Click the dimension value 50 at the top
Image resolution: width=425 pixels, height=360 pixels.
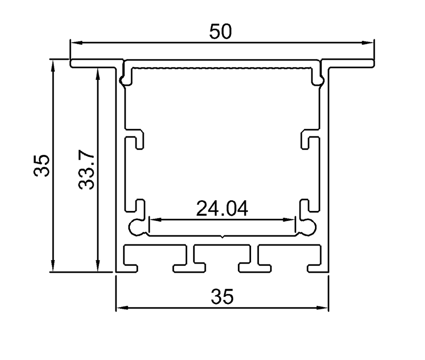coord(221,32)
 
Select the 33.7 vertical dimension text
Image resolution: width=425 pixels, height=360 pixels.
coord(86,169)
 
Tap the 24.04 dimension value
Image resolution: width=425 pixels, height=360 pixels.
coord(222,209)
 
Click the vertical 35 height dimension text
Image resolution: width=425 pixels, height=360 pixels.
coord(42,166)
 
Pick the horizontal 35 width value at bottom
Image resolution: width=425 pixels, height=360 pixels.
coord(222,296)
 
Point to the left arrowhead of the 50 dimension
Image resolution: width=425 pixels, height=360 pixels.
coord(76,42)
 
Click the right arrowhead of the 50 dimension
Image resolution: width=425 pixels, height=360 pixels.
coord(368,42)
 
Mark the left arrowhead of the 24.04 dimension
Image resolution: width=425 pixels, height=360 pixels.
coord(156,220)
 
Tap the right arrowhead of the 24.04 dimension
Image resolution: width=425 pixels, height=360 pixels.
coord(289,220)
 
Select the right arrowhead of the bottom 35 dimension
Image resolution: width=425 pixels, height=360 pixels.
coord(322,308)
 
